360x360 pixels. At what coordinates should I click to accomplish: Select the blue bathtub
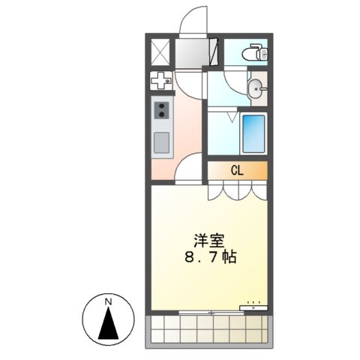tap(253, 133)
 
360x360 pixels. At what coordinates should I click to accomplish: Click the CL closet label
tap(236, 170)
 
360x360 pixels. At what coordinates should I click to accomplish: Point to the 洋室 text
tap(208, 241)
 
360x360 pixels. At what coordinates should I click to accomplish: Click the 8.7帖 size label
tap(211, 257)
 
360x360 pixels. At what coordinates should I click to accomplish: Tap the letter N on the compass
tap(109, 301)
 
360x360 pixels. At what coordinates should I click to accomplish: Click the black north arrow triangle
tap(109, 324)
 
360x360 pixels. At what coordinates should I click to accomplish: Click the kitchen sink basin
tap(162, 141)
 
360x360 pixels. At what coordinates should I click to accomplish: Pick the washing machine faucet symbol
tap(161, 82)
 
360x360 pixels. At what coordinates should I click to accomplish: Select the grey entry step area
tap(194, 52)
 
